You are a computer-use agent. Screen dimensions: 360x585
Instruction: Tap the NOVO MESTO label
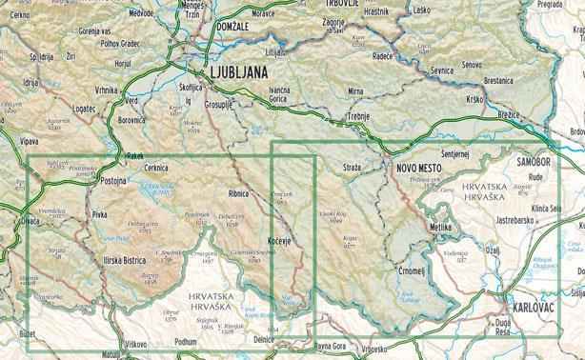pyautogui.click(x=421, y=168)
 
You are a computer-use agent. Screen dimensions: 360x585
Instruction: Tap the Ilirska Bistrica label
pyautogui.click(x=127, y=258)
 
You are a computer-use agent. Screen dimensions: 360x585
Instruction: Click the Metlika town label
pyautogui.click(x=440, y=229)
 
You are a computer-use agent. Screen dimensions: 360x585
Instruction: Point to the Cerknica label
pyautogui.click(x=155, y=167)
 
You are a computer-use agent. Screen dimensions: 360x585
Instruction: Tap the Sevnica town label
pyautogui.click(x=441, y=70)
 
